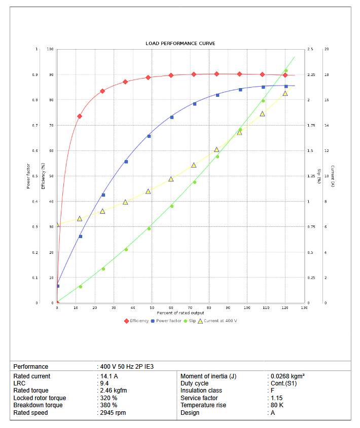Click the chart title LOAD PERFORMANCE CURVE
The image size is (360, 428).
pos(180,44)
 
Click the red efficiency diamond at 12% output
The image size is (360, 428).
pos(80,116)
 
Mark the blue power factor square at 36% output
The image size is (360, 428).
pos(126,162)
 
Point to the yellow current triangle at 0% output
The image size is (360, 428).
pos(57,224)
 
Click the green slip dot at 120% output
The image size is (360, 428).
pos(286,71)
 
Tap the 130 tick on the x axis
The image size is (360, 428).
pos(304,308)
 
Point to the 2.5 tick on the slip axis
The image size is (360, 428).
pos(310,49)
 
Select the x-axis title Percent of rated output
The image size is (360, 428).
pos(180,313)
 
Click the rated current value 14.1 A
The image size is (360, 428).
pos(109,376)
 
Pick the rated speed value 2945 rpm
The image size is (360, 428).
pos(113,413)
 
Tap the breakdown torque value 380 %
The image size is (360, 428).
pos(109,405)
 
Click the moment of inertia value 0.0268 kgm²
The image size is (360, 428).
pos(287,376)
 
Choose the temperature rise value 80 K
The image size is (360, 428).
pos(277,405)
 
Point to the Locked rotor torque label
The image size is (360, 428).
pos(40,398)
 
